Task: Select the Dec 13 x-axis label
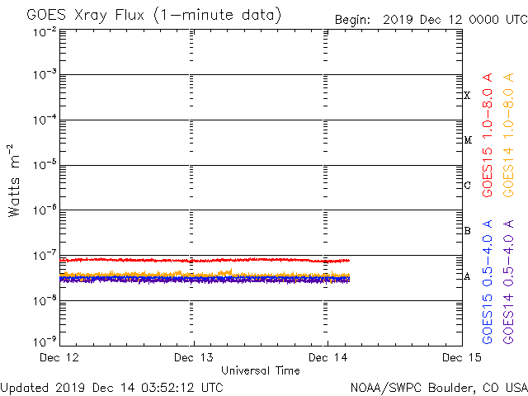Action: (194, 357)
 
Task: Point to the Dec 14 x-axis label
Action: (328, 357)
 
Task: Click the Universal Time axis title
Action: (261, 370)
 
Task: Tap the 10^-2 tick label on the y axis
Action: (45, 31)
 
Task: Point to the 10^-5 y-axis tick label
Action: (45, 166)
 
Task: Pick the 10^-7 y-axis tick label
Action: (45, 255)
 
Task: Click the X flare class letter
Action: (467, 96)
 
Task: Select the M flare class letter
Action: (467, 140)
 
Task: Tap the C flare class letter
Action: (467, 186)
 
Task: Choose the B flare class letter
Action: (467, 231)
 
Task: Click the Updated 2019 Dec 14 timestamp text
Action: (111, 386)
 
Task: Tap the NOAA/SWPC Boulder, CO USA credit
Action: (438, 386)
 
